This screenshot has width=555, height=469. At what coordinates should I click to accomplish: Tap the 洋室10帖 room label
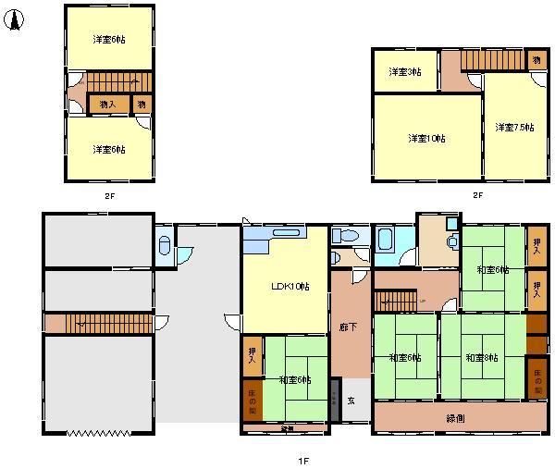click(x=426, y=139)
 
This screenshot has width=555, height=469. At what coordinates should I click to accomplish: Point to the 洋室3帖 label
click(x=404, y=71)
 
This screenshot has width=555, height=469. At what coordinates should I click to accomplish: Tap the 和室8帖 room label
click(x=481, y=358)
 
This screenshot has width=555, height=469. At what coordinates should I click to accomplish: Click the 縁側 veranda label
click(x=455, y=418)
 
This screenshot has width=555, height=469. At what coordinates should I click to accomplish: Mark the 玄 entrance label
click(x=351, y=401)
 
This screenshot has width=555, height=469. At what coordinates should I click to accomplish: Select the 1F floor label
click(x=302, y=460)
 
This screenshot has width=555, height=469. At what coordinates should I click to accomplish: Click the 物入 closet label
click(x=107, y=105)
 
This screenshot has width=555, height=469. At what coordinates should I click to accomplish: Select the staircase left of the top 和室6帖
click(x=400, y=302)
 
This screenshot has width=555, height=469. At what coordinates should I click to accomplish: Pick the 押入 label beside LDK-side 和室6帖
click(x=252, y=355)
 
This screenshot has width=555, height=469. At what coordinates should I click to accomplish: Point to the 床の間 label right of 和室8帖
click(x=537, y=378)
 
